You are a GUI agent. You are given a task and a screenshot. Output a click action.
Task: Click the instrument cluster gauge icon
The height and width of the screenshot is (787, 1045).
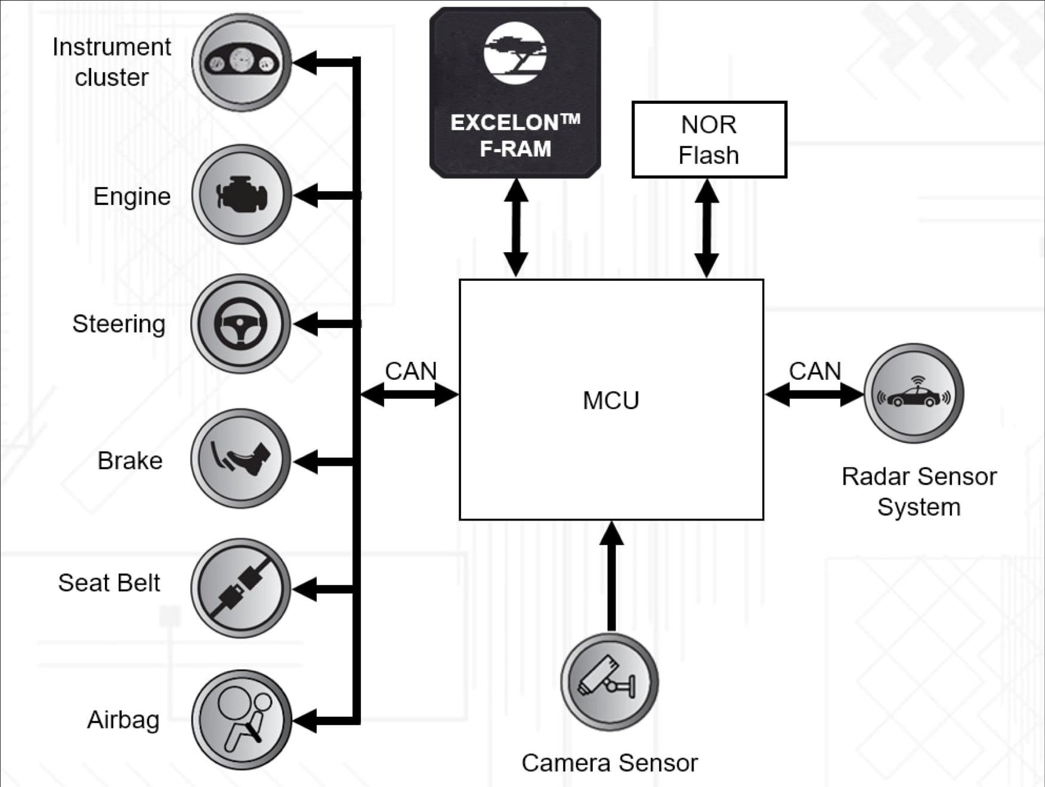click(x=242, y=62)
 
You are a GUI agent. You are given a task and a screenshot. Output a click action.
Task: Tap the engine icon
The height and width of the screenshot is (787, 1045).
click(x=242, y=195)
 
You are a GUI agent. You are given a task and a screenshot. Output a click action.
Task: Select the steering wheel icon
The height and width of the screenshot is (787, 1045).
click(x=241, y=324)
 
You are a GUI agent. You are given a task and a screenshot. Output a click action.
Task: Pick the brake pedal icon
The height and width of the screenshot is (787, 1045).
click(x=241, y=458)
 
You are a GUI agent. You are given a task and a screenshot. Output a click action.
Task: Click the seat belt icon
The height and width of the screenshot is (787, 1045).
click(x=241, y=588)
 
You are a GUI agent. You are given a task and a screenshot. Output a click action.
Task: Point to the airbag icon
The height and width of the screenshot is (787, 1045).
click(x=241, y=720)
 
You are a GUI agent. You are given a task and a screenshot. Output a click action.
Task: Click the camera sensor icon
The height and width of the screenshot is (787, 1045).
click(x=610, y=682)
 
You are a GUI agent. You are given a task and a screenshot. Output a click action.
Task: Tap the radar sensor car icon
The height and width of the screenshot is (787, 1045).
click(x=914, y=393)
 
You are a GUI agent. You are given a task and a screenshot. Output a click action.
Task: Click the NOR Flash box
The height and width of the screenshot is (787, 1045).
click(x=709, y=140)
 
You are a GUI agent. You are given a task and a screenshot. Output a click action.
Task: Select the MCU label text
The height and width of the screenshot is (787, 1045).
click(x=611, y=400)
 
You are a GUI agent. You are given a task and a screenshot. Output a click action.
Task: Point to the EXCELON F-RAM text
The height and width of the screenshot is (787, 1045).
click(x=515, y=135)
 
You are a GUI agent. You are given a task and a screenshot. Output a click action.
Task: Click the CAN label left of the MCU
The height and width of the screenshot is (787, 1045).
click(x=411, y=371)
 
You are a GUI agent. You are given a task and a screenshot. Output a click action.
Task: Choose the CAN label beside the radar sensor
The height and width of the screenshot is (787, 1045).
click(x=815, y=371)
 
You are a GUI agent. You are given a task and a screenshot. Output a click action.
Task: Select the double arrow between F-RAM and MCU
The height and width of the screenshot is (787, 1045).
click(x=516, y=228)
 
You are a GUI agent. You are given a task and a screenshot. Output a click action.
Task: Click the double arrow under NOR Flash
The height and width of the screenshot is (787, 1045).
click(x=707, y=228)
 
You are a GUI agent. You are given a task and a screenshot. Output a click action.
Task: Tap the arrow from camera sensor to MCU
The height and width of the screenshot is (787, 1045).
click(x=611, y=575)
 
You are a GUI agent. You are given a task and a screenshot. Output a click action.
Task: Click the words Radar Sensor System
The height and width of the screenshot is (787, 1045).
click(x=919, y=492)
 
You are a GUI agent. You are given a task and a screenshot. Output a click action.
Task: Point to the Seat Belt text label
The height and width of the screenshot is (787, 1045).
click(x=109, y=582)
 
